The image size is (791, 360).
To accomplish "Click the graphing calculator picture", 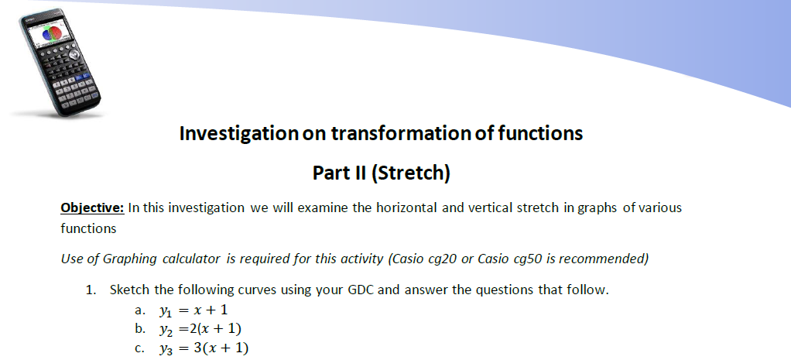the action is [59, 63].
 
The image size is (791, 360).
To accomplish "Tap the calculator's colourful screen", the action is [47, 34].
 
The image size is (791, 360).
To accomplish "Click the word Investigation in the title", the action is [239, 133].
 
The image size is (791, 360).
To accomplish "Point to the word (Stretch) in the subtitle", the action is [410, 173].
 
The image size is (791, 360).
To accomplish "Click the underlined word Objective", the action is [92, 207].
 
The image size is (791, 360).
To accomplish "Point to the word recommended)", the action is [604, 259].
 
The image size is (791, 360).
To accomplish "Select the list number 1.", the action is [91, 290].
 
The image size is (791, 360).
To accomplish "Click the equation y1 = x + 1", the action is [193, 310].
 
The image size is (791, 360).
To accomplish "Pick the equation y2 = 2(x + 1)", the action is [200, 329].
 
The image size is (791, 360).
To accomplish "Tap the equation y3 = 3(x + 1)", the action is [204, 348].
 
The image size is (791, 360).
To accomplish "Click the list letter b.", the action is [140, 329].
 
